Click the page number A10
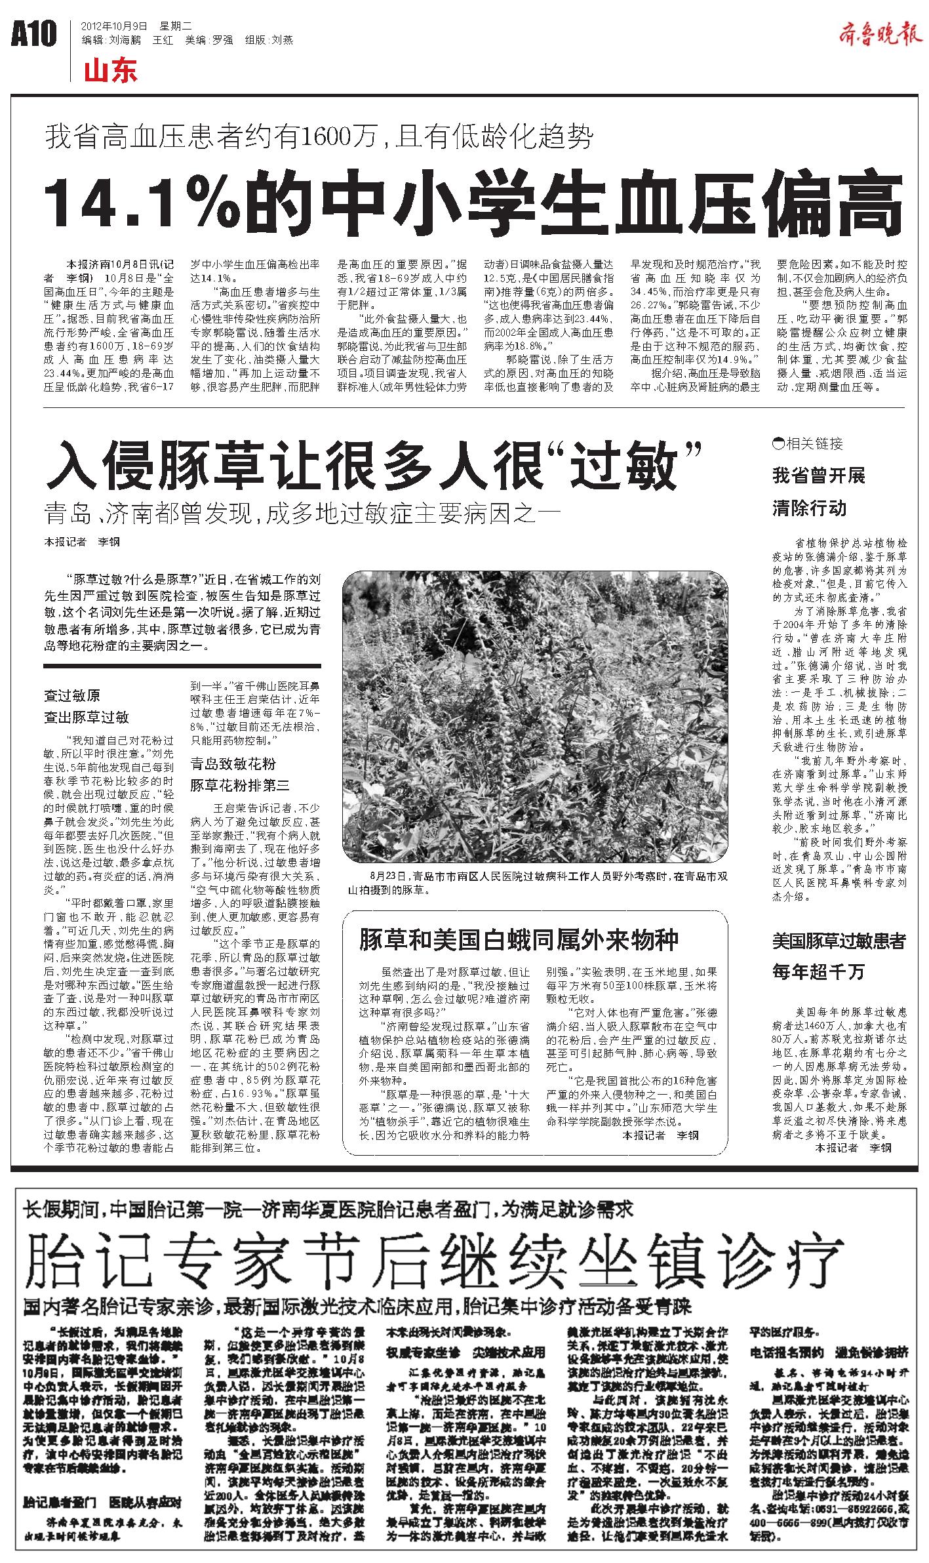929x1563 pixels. pyautogui.click(x=34, y=34)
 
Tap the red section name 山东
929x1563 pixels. pyautogui.click(x=111, y=71)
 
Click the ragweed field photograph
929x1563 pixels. pyautogui.click(x=534, y=716)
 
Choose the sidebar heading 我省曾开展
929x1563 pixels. pyautogui.click(x=819, y=476)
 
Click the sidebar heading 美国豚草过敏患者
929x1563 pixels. pyautogui.click(x=839, y=942)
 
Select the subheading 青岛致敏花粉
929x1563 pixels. pyautogui.click(x=233, y=763)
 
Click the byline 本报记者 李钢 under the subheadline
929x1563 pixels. pyautogui.click(x=82, y=542)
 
